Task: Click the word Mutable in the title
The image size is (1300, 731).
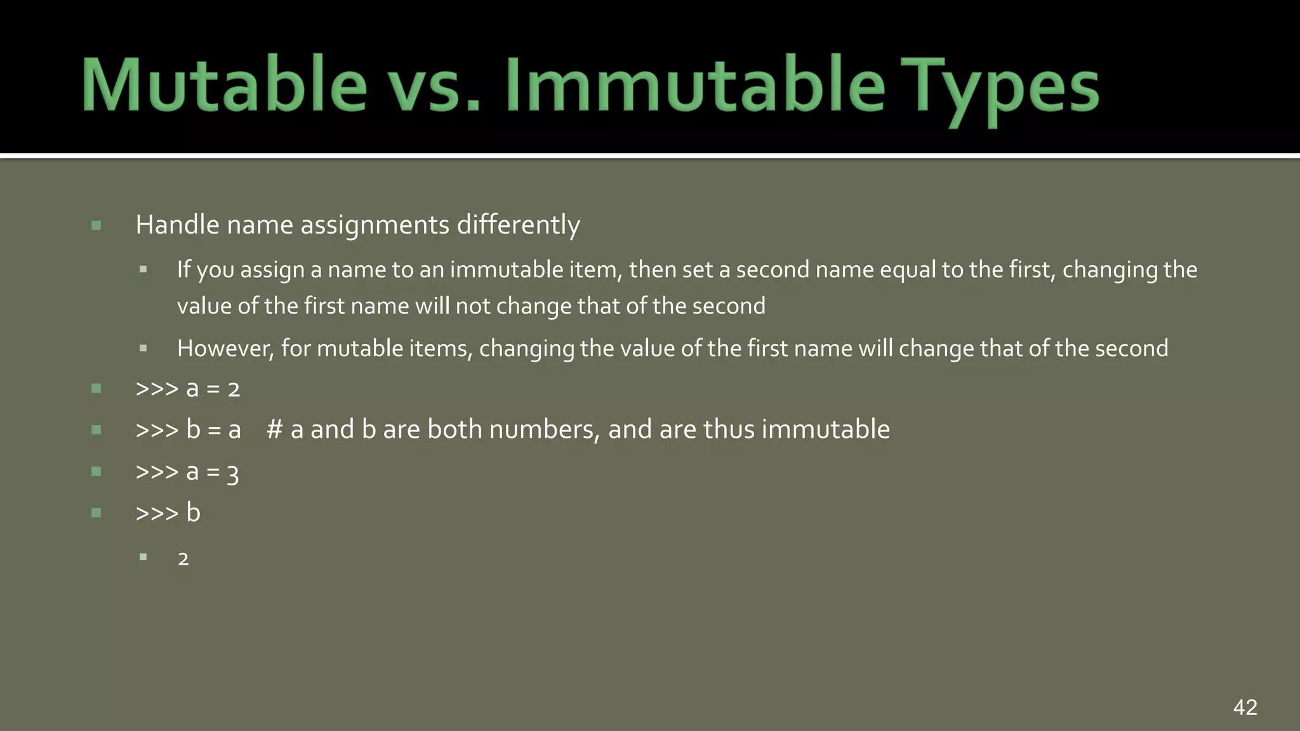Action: tap(224, 86)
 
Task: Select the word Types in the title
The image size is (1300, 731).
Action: tap(1001, 89)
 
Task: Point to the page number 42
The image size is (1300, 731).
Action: tap(1245, 707)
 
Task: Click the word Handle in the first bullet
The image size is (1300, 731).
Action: tap(177, 225)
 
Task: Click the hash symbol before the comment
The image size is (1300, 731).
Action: tap(274, 430)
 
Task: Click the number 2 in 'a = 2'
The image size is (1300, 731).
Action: tap(234, 389)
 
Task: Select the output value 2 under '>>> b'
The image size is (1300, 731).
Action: tap(183, 559)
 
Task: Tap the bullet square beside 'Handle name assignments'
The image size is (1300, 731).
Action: tap(96, 225)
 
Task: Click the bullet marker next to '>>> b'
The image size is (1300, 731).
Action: tap(96, 513)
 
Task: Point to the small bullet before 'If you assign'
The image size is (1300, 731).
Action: tap(143, 270)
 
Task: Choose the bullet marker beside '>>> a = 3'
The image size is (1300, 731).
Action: tap(96, 471)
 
